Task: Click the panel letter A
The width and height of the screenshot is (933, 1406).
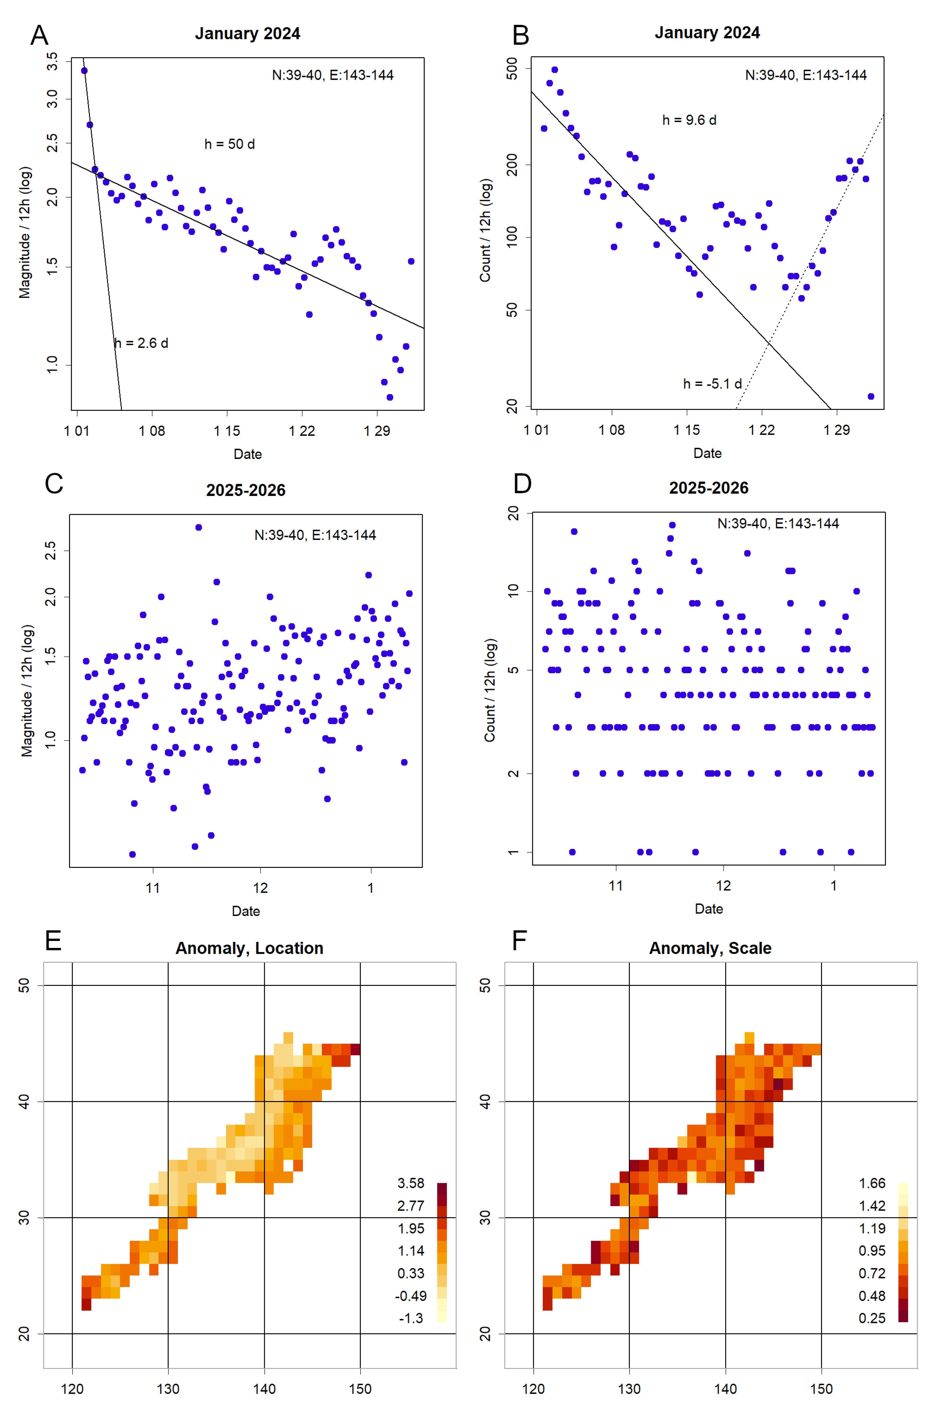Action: [x=39, y=36]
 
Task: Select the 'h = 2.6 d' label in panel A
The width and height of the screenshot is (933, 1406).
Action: [x=142, y=343]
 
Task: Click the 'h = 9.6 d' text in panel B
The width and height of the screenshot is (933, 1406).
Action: [x=689, y=120]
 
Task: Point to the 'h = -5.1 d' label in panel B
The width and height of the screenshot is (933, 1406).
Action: [x=712, y=384]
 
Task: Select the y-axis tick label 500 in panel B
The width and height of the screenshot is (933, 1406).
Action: [x=512, y=69]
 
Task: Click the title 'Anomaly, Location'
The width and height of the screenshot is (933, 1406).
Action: [x=249, y=948]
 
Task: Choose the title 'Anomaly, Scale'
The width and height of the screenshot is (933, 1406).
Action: [x=710, y=948]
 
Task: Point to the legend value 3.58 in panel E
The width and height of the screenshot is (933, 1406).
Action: [x=411, y=1183]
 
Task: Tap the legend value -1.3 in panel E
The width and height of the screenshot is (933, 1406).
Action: [x=411, y=1318]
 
